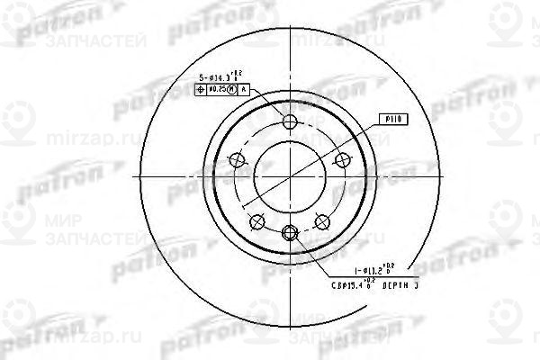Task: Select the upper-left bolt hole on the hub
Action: [238, 160]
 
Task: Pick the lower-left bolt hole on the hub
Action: [257, 220]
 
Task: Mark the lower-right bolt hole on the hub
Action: [320, 220]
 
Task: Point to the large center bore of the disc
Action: [289, 176]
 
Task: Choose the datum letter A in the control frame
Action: [244, 91]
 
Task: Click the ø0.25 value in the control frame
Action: [216, 91]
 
